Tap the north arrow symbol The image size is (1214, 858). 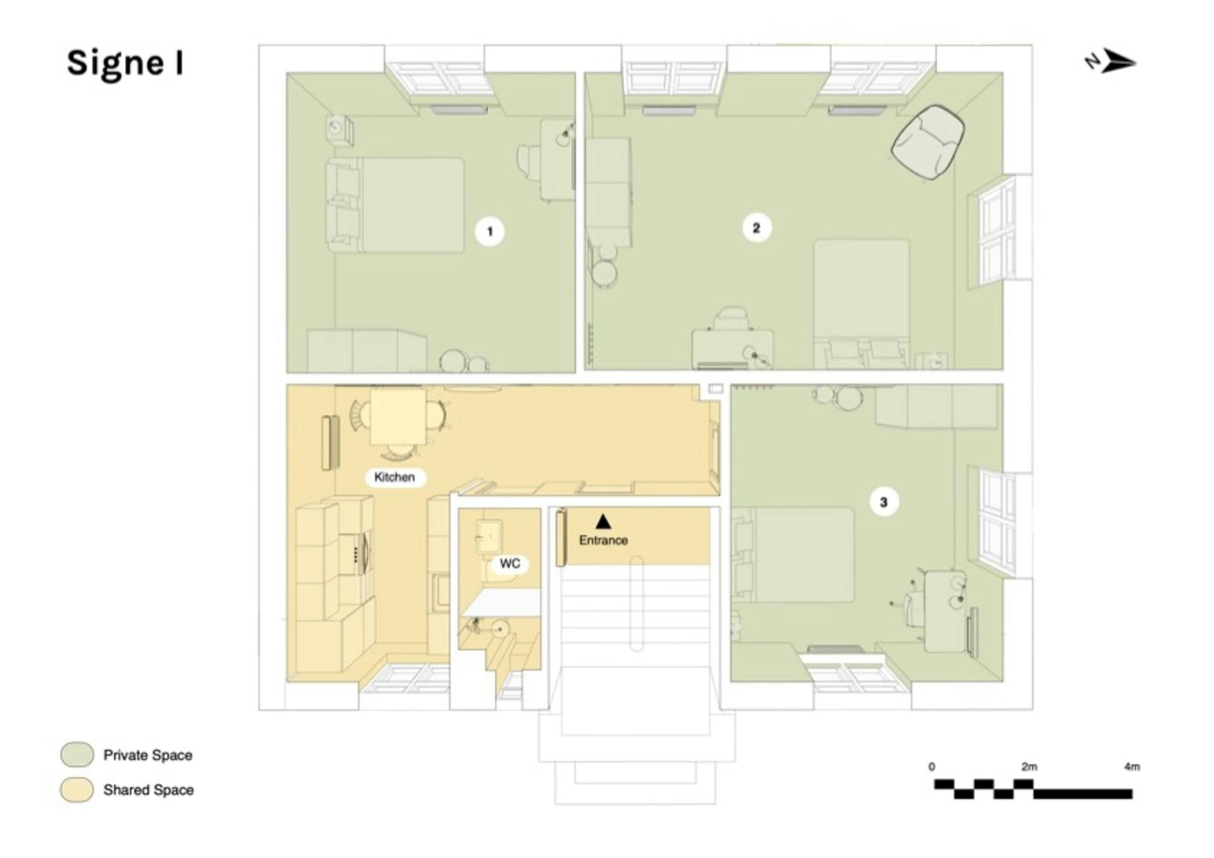pyautogui.click(x=1111, y=62)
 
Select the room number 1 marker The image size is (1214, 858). pyautogui.click(x=489, y=231)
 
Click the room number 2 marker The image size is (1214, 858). pyautogui.click(x=756, y=227)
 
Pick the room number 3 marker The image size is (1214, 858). pyautogui.click(x=883, y=502)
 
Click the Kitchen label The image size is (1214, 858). pyautogui.click(x=395, y=477)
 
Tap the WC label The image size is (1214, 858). pyautogui.click(x=510, y=563)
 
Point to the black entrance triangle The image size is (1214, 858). pyautogui.click(x=603, y=521)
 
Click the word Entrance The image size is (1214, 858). pyautogui.click(x=603, y=540)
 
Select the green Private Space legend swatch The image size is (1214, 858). pyautogui.click(x=77, y=754)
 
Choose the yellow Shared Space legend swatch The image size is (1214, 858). pyautogui.click(x=77, y=790)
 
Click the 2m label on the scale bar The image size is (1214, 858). pyautogui.click(x=1029, y=766)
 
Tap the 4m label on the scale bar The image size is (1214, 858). pyautogui.click(x=1132, y=766)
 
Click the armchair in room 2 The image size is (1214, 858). pyautogui.click(x=928, y=142)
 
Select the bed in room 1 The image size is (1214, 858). pyautogui.click(x=395, y=205)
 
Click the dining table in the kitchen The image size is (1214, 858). pyautogui.click(x=398, y=417)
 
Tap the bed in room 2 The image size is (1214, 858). pyautogui.click(x=862, y=303)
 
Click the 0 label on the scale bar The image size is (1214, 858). pyautogui.click(x=931, y=766)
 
